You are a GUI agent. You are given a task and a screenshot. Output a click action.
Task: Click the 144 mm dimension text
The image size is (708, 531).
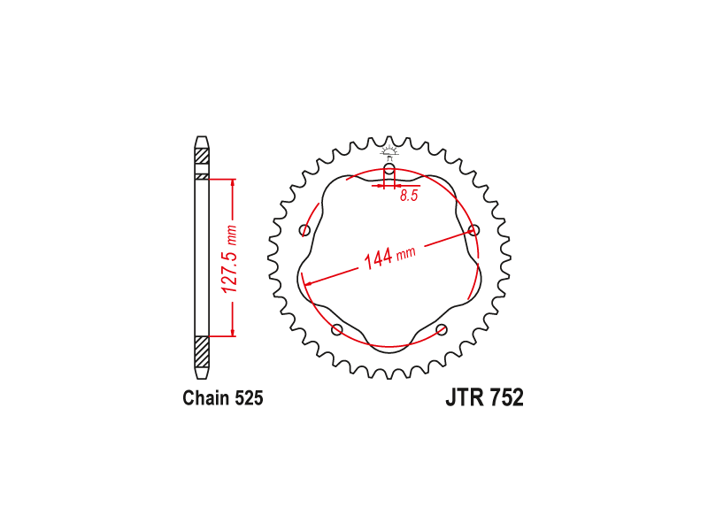click(x=389, y=258)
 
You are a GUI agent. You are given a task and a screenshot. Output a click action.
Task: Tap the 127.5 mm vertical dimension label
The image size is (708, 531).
click(x=230, y=258)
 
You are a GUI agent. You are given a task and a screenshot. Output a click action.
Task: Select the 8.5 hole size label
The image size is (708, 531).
click(x=409, y=196)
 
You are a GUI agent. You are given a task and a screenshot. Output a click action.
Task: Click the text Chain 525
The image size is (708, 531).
click(x=223, y=397)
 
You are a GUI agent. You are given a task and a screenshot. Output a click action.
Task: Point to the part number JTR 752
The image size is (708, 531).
click(x=484, y=397)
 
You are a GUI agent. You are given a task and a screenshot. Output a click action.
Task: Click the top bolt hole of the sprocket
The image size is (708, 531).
click(x=389, y=170)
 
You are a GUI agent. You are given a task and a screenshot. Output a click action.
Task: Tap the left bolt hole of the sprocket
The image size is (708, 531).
click(x=305, y=231)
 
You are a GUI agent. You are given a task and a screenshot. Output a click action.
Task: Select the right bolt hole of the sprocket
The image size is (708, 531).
click(x=473, y=230)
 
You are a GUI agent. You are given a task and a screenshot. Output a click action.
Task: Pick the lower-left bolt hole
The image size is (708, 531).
click(x=337, y=329)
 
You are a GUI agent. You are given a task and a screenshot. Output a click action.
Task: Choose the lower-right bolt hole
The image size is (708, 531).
click(x=442, y=329)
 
